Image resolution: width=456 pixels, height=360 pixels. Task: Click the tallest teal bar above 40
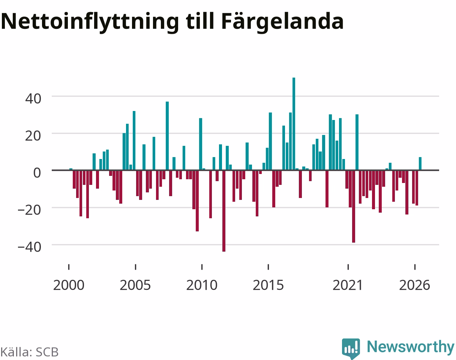[x=294, y=124]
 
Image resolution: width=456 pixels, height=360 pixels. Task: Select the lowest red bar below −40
[x=224, y=211]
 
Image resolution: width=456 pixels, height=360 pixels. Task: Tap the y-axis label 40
[x=33, y=99]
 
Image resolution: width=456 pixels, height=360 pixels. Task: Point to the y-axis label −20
[x=29, y=210]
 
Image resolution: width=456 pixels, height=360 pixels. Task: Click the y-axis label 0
[x=37, y=173]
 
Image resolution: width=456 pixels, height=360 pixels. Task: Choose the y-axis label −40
[x=29, y=247]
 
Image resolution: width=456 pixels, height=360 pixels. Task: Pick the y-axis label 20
[x=33, y=136]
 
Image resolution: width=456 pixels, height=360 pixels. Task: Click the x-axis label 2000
[x=69, y=285]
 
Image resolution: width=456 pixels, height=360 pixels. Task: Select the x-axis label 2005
[x=135, y=285]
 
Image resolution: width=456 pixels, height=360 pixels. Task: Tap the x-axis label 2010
[x=202, y=285]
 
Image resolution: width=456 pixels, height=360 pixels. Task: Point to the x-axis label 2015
[x=268, y=285]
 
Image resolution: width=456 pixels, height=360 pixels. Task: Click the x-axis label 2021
[x=348, y=285]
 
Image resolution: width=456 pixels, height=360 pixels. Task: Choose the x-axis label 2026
[x=415, y=285]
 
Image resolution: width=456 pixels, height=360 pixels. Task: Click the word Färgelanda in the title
[x=282, y=22]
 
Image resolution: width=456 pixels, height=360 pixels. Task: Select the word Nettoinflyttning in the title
[x=90, y=22]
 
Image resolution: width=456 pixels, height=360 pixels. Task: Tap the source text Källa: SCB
[x=30, y=352]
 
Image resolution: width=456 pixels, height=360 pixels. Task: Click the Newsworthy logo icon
[x=351, y=348]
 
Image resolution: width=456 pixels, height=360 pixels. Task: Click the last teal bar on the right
[x=420, y=163]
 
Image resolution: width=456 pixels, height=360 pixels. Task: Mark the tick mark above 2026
[x=415, y=267]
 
